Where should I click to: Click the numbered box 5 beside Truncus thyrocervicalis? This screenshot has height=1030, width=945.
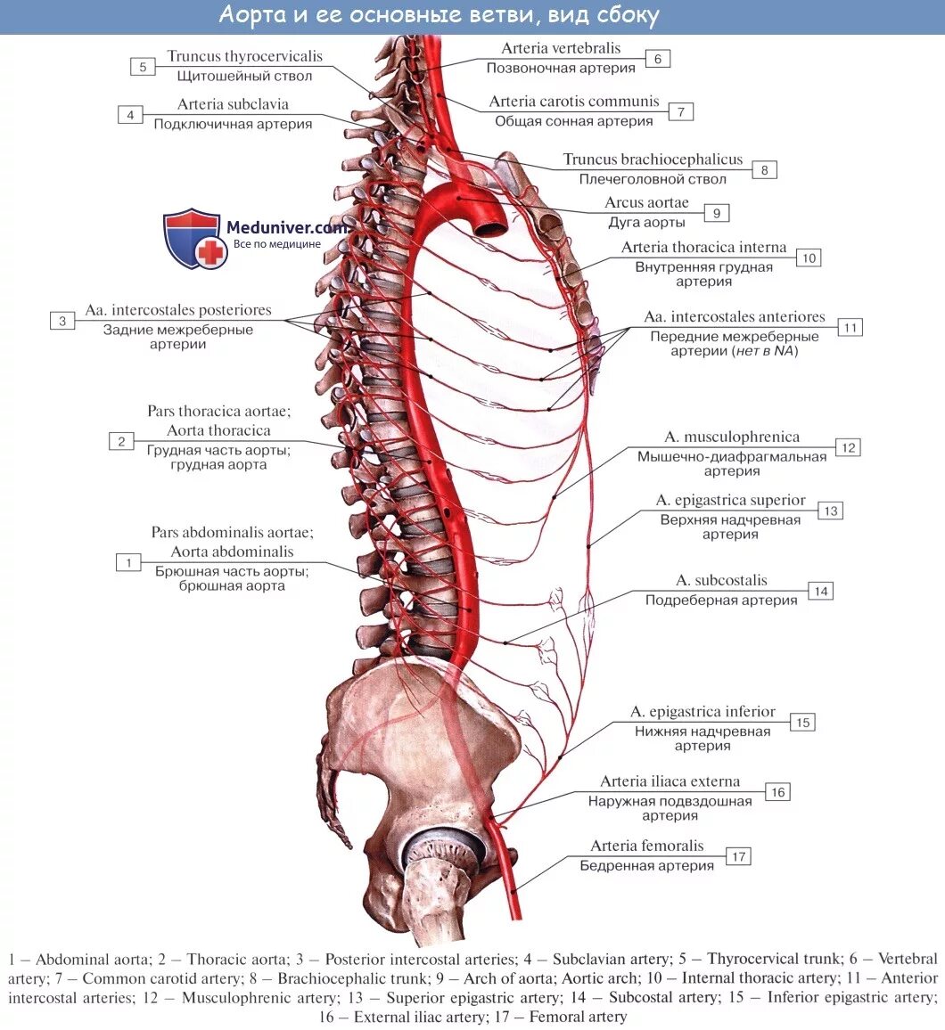[x=143, y=66]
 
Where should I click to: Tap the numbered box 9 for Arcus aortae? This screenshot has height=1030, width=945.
[x=716, y=213]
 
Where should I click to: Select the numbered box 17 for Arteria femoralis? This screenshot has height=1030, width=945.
[x=738, y=856]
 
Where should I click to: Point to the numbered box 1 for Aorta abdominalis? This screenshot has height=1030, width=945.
[x=129, y=562]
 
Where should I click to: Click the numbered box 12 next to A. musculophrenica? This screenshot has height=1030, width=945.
[x=848, y=447]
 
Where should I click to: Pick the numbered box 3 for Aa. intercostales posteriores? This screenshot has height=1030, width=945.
[x=62, y=321]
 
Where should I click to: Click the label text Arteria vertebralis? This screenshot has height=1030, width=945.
[x=561, y=48]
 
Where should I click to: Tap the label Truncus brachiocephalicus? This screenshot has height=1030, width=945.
[x=653, y=159]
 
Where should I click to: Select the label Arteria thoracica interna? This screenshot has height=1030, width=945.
[x=703, y=247]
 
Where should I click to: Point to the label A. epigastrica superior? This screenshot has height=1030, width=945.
[x=730, y=501]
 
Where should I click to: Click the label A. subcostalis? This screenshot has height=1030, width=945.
[x=721, y=581]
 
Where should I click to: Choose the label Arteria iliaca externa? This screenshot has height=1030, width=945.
[x=670, y=781]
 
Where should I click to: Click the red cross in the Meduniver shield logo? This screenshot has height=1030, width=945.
[x=211, y=252]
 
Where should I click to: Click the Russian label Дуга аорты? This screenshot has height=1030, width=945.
[x=646, y=223]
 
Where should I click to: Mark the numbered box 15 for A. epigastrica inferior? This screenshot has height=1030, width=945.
[x=802, y=723]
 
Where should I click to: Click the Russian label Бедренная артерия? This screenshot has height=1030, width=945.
[x=646, y=865]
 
